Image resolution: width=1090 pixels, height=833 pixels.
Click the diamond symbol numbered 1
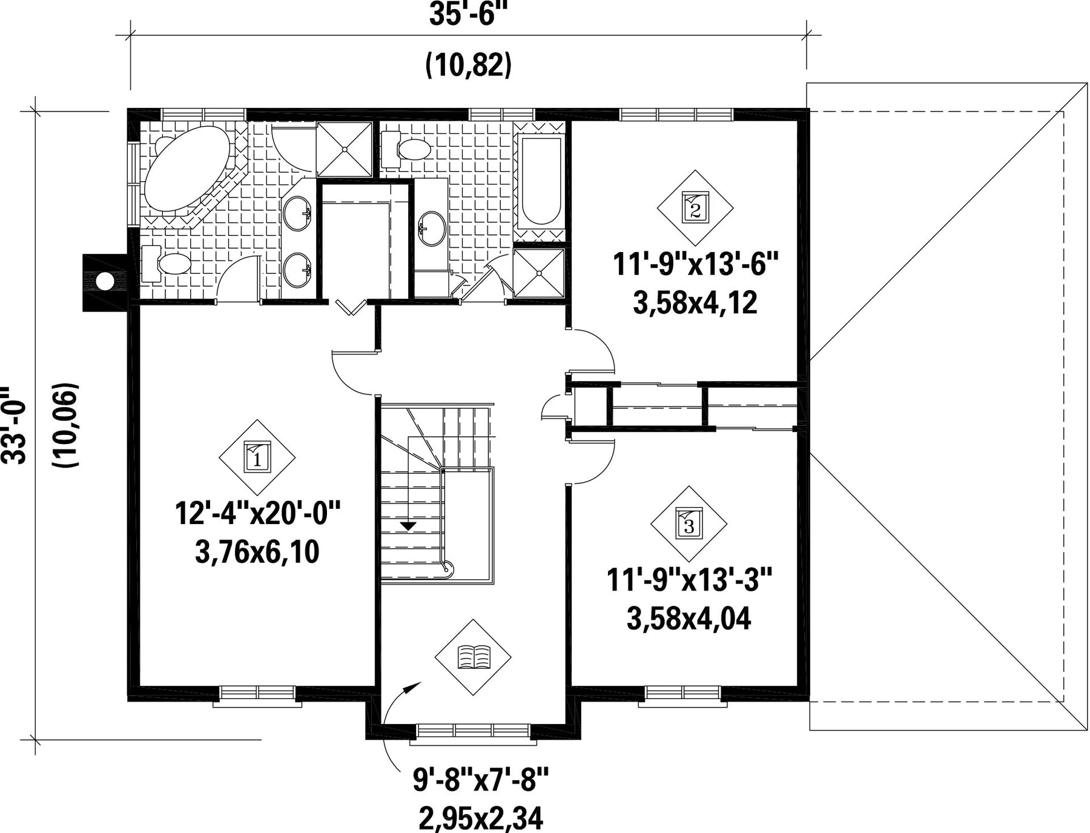point(257,457)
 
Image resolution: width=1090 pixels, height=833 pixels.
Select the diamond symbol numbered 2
point(695,208)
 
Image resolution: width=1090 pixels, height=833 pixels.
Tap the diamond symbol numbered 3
point(689,523)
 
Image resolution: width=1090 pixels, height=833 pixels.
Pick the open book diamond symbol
point(473,657)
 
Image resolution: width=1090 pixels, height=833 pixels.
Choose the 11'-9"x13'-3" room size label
point(690,580)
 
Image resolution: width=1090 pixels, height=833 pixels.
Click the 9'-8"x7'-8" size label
point(481,780)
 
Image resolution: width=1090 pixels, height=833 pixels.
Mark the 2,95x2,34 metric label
point(481,818)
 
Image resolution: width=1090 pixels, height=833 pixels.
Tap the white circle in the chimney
point(105,281)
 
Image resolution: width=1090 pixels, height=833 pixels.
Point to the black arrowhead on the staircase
point(409,526)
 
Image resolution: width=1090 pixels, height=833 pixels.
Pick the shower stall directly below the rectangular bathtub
point(539,273)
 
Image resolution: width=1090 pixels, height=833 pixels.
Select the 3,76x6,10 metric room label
point(257,552)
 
